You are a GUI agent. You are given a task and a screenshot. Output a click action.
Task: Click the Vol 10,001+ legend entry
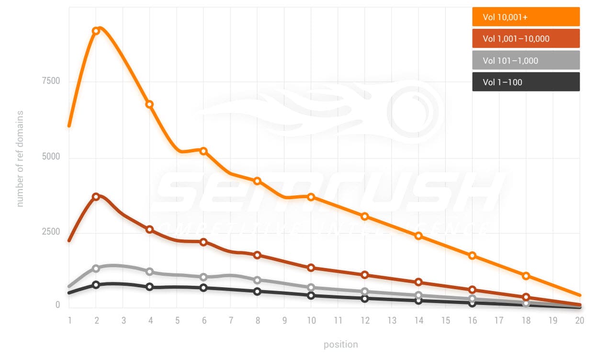click(x=526, y=17)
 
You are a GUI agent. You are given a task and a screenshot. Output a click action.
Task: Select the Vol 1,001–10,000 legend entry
click(x=526, y=39)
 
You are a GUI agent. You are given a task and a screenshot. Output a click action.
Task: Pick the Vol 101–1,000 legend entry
click(x=526, y=60)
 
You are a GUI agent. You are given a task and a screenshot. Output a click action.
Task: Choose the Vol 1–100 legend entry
click(x=526, y=82)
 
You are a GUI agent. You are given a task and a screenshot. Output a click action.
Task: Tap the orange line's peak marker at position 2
click(x=96, y=31)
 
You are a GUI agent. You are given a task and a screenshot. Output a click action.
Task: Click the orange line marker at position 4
click(x=149, y=104)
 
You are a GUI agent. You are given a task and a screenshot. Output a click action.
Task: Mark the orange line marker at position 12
click(x=365, y=216)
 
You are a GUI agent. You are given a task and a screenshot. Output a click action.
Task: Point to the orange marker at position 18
click(x=526, y=276)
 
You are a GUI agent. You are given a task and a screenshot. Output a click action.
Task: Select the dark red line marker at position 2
click(x=96, y=196)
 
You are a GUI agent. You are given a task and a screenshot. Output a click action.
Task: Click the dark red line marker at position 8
click(x=257, y=255)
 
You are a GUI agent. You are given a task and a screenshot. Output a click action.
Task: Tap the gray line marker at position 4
click(x=149, y=271)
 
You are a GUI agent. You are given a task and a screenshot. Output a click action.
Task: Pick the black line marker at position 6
click(x=203, y=288)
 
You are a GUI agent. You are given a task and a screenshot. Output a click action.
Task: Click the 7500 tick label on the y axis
click(x=51, y=81)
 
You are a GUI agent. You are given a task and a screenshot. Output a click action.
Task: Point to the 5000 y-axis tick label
click(x=51, y=157)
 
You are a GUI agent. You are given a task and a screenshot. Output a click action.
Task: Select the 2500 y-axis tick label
click(x=51, y=232)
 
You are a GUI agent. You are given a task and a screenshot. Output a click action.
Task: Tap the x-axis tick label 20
click(x=579, y=320)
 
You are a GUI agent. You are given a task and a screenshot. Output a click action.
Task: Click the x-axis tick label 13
click(x=392, y=320)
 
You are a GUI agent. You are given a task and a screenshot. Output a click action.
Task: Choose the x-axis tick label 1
click(x=69, y=320)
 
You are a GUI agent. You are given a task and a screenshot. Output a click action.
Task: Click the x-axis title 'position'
click(x=340, y=344)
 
